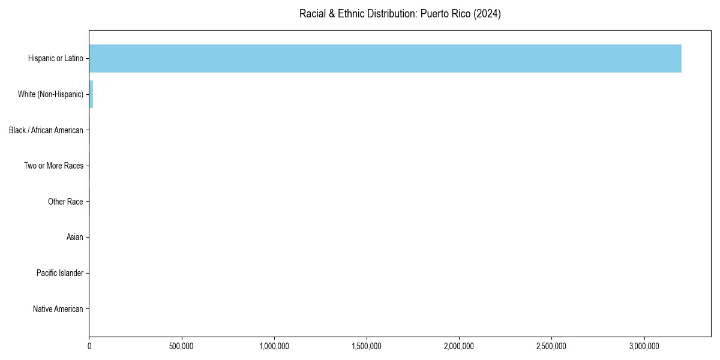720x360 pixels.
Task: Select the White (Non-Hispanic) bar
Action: pos(91,94)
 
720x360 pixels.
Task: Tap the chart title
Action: pos(400,14)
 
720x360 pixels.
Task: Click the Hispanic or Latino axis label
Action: pos(56,58)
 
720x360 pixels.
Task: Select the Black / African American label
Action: pos(46,130)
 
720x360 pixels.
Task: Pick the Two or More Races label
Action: pos(54,166)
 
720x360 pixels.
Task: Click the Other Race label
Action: pos(65,202)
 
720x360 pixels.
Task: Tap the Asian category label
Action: pos(75,238)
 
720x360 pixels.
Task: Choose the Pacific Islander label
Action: pos(60,273)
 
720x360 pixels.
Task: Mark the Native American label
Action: pos(58,309)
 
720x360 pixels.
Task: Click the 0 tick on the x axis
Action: pos(89,346)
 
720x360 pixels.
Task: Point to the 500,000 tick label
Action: pos(182,346)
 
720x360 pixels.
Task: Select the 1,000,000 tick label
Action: pos(274,346)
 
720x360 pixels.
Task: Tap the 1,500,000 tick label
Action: pos(367,346)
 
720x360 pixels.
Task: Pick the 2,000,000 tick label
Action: pos(460,346)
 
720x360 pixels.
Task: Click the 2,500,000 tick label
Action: pos(552,346)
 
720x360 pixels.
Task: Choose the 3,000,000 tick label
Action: pos(644,346)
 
